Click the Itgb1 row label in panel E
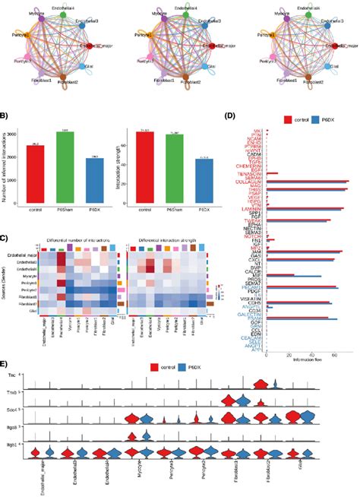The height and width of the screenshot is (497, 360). click(x=12, y=462)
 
